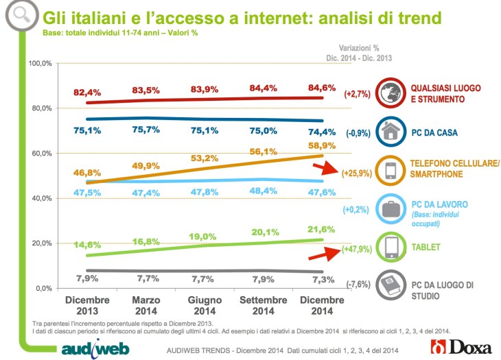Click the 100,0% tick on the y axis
point(40,64)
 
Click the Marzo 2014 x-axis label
point(145,306)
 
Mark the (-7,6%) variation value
point(358,284)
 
